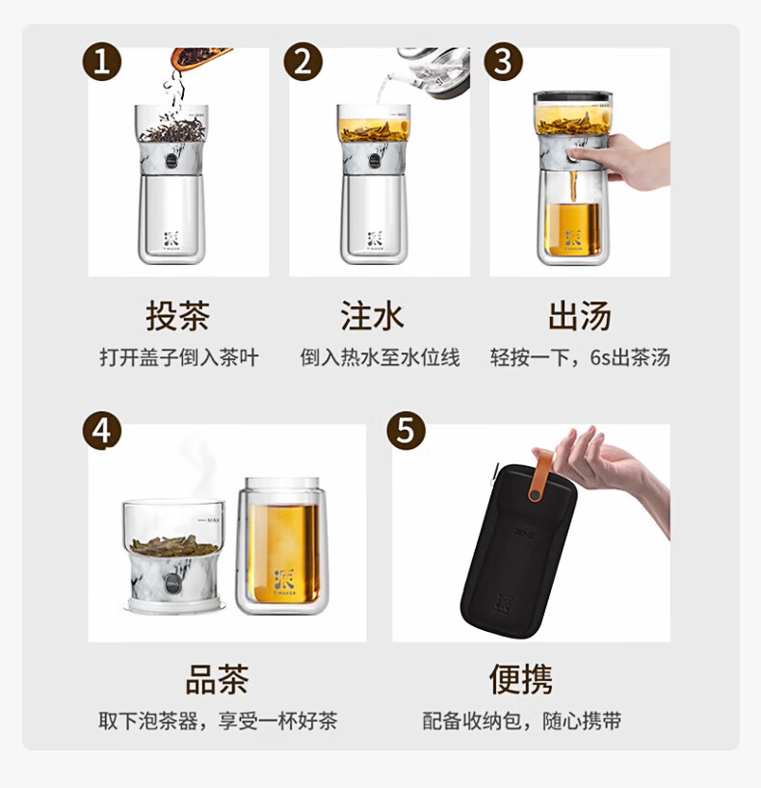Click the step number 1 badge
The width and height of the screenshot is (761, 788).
pyautogui.click(x=102, y=62)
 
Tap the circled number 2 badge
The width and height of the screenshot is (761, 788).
pyautogui.click(x=302, y=62)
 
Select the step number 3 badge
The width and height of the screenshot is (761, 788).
pyautogui.click(x=503, y=62)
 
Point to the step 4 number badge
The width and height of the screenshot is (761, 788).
pyautogui.click(x=102, y=431)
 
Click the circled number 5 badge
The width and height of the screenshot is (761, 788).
pyautogui.click(x=407, y=431)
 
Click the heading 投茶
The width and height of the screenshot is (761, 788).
pyautogui.click(x=178, y=316)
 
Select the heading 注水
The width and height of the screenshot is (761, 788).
pyautogui.click(x=372, y=316)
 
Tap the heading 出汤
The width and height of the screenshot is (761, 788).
pyautogui.click(x=580, y=316)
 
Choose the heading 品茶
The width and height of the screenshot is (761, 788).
pyautogui.click(x=217, y=679)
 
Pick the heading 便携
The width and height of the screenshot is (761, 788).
pyautogui.click(x=521, y=679)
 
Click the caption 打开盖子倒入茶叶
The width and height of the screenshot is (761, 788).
pyautogui.click(x=179, y=357)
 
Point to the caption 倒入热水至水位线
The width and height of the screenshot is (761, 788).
pyautogui.click(x=380, y=357)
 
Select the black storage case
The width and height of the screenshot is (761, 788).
pyautogui.click(x=518, y=550)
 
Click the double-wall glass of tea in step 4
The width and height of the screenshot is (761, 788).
pyautogui.click(x=282, y=546)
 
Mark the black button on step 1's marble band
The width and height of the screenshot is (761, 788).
pyautogui.click(x=171, y=161)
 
